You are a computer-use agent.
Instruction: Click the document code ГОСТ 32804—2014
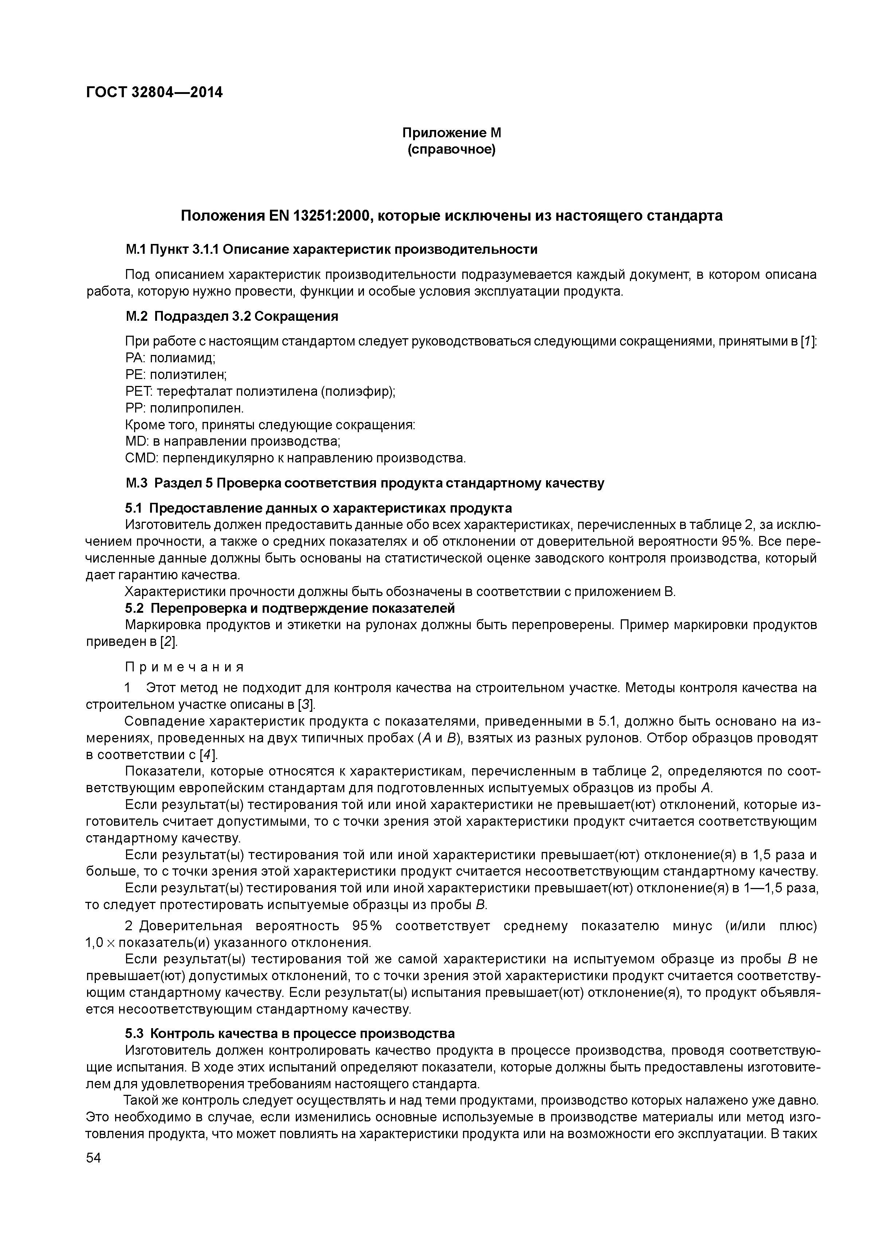click(154, 92)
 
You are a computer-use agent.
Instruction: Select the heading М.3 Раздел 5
click(171, 484)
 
